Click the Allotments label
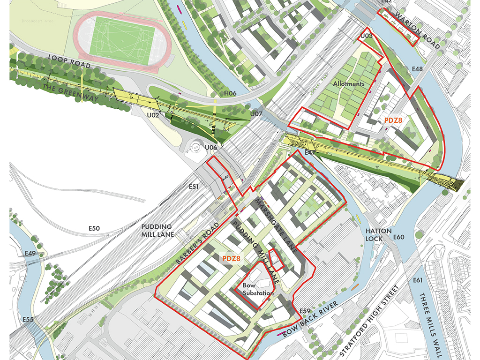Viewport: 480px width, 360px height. (x=349, y=83)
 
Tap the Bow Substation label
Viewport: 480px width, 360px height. (x=258, y=289)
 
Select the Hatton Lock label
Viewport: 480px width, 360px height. (x=375, y=235)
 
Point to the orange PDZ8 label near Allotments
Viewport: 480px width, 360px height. (x=394, y=120)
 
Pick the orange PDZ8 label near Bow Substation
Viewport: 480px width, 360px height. (x=231, y=258)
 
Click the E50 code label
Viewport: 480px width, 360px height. (x=95, y=228)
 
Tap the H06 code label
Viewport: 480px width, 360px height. (x=230, y=94)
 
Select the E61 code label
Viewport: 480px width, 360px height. (x=418, y=281)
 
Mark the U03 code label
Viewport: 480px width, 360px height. (x=367, y=36)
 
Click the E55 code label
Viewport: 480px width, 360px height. (x=28, y=320)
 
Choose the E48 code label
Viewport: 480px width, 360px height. (x=417, y=69)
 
